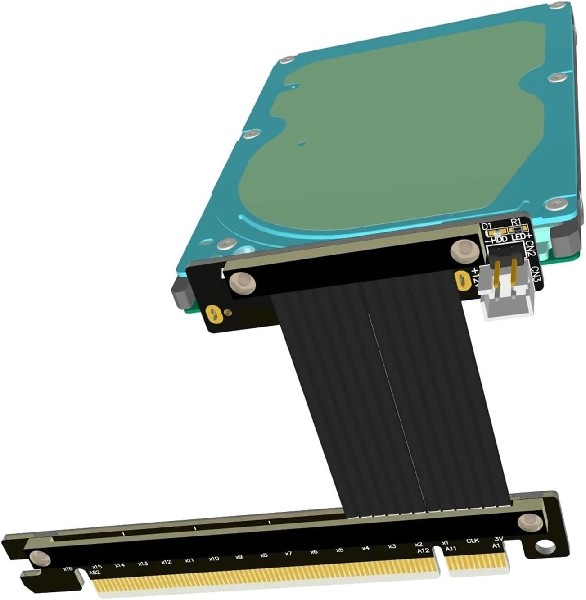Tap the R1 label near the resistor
(516, 221)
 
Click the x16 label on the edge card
(68, 568)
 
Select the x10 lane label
(214, 559)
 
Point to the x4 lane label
(365, 548)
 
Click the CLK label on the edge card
(473, 541)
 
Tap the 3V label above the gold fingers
(498, 539)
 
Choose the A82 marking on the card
(95, 573)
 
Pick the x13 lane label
(143, 563)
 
